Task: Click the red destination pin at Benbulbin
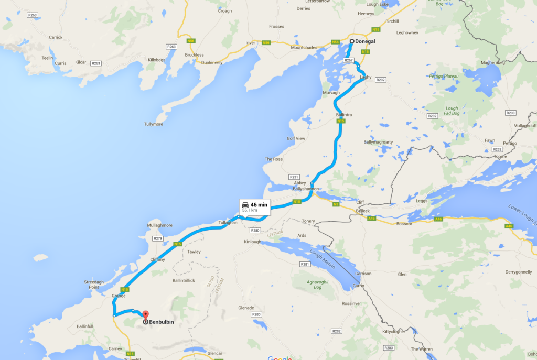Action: click(x=145, y=314)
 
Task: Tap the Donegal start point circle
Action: click(x=352, y=41)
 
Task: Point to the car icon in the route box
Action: click(x=245, y=204)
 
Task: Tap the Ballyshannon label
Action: click(x=306, y=189)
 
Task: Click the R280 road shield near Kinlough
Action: click(x=255, y=230)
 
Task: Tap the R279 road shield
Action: click(x=158, y=238)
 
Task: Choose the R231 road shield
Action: click(x=294, y=177)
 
